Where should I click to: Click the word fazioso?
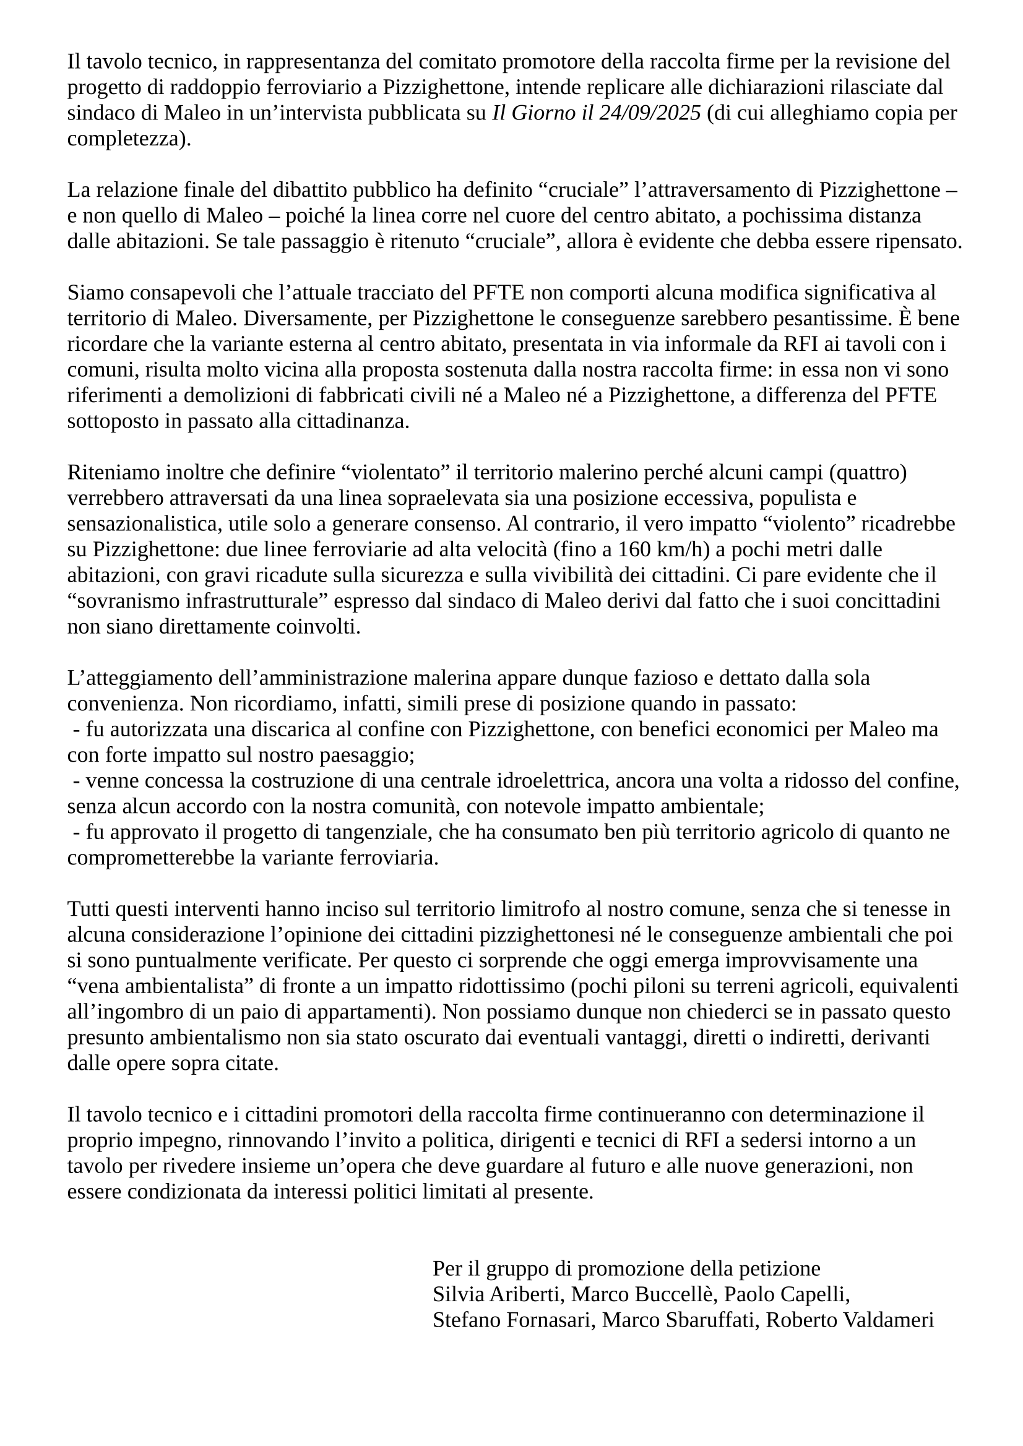[663, 678]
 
